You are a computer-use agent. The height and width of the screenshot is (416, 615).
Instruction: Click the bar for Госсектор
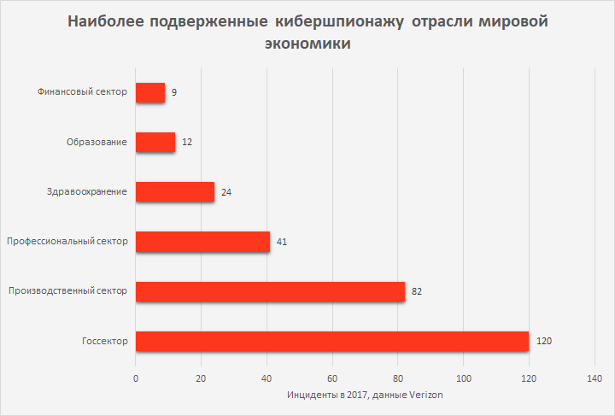pos(332,341)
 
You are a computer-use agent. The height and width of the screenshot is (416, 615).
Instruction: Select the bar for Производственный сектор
pos(270,291)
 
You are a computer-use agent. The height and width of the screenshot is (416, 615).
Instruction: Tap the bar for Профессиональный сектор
pos(202,242)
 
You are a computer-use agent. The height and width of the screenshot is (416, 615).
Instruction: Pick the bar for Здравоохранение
pos(175,191)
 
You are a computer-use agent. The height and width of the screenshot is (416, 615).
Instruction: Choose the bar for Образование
pos(155,142)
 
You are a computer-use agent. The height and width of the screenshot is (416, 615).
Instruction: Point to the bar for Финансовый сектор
pos(150,92)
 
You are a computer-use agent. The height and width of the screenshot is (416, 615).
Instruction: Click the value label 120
pos(545,341)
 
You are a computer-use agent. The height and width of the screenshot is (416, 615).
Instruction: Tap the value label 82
pos(417,291)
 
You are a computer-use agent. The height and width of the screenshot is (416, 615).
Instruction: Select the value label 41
pos(282,242)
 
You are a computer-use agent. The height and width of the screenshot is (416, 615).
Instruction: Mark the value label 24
pos(226,192)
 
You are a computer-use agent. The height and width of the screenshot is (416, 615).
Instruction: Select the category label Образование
pos(97,142)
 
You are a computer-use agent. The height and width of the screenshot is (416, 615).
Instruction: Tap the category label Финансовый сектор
pos(84,92)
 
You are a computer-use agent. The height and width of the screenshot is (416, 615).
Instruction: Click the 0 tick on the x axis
pos(136,378)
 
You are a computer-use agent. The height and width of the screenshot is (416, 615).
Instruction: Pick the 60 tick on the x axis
pos(332,378)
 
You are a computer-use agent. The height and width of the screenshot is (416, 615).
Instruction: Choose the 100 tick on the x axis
pos(463,378)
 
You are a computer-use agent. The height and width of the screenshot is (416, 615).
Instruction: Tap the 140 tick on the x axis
pos(594,378)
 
